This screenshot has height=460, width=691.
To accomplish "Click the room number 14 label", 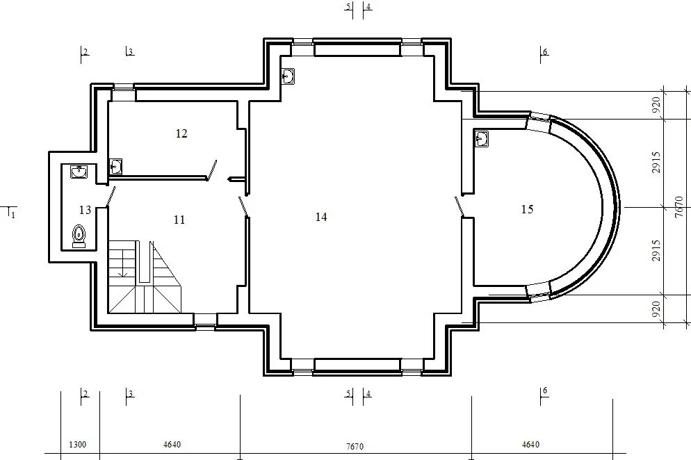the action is [321, 217].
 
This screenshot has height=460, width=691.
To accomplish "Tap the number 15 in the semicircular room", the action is [527, 209].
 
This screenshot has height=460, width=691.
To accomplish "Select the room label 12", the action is [181, 133].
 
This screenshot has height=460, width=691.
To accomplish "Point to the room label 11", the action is [179, 220].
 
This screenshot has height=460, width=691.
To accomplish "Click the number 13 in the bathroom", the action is [85, 210].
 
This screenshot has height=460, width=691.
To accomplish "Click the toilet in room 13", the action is [79, 236].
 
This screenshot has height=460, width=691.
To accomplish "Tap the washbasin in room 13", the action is [79, 172].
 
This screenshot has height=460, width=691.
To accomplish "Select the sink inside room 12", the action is [116, 167].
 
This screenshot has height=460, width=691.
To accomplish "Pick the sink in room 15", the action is [482, 139].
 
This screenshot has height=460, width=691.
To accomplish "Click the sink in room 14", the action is [288, 76].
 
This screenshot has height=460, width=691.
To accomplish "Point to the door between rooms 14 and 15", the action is [460, 206].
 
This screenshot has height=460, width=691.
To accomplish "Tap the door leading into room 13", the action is [111, 197].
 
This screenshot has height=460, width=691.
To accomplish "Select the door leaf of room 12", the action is [212, 170].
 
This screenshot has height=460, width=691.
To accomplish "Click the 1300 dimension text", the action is [78, 445].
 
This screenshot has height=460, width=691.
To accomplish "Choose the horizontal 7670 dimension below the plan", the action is [355, 446].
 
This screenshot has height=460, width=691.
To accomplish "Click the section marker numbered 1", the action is [11, 212].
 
